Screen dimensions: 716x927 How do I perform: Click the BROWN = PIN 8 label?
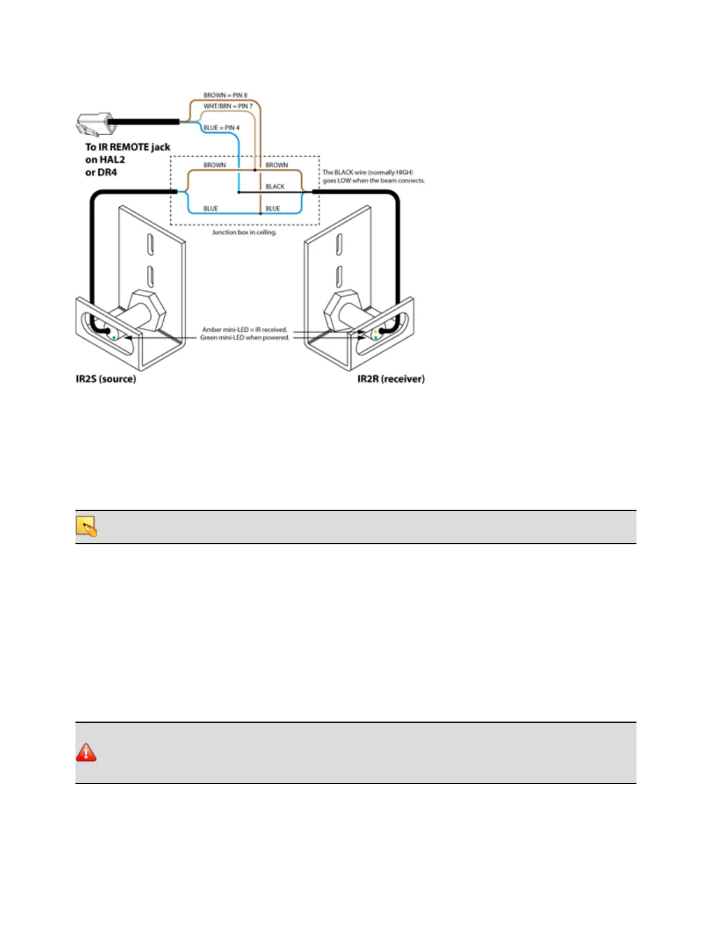click(x=225, y=95)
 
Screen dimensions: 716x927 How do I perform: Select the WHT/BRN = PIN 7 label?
click(x=228, y=106)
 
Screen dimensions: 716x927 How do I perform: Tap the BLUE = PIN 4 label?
click(x=221, y=128)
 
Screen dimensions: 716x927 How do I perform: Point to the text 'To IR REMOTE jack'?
click(x=128, y=147)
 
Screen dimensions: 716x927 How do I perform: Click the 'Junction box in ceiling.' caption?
click(x=244, y=232)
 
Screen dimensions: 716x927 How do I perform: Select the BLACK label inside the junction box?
click(x=275, y=187)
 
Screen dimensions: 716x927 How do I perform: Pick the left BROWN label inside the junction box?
click(x=214, y=165)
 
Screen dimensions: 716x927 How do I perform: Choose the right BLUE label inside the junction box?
click(x=273, y=208)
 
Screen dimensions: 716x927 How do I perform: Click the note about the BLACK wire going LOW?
click(x=373, y=176)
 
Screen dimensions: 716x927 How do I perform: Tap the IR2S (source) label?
click(x=106, y=379)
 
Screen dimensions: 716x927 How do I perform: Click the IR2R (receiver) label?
click(x=391, y=379)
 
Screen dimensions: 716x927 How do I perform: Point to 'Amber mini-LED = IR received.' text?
click(x=245, y=329)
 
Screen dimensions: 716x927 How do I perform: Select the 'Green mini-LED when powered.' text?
click(x=245, y=338)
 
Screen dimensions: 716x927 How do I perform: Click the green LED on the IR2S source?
click(x=113, y=338)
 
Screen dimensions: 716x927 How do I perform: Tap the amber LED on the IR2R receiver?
click(x=375, y=332)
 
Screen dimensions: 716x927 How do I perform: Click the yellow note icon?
click(x=86, y=527)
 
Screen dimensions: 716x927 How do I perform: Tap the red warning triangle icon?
click(x=86, y=752)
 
